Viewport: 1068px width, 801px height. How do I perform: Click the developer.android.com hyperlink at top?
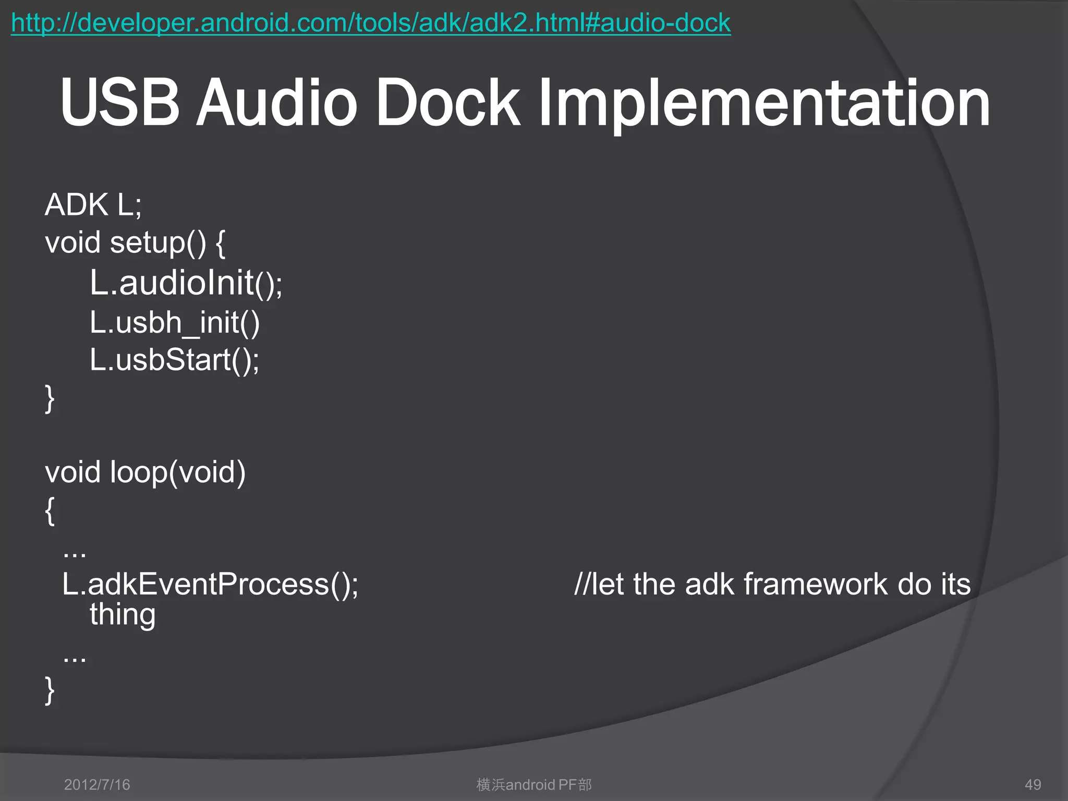[x=370, y=23]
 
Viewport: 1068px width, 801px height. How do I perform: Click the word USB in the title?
[x=120, y=103]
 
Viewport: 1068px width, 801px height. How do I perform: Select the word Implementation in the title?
[x=764, y=104]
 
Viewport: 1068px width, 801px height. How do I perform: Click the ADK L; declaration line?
[x=93, y=204]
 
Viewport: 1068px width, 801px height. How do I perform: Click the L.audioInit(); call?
[x=186, y=283]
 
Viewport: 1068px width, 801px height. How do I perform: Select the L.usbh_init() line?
[x=174, y=322]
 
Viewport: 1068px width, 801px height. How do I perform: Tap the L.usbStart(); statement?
[x=174, y=360]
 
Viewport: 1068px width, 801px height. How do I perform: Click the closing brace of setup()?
[x=50, y=399]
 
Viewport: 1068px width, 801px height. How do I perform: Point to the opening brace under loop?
[x=50, y=511]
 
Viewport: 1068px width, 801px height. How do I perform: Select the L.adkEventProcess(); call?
[x=210, y=584]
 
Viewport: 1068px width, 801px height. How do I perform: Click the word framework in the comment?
[x=815, y=584]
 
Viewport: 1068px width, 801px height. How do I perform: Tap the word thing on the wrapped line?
[x=123, y=615]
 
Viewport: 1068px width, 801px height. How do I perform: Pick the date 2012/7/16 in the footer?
[x=97, y=784]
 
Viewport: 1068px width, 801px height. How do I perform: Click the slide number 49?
[x=1033, y=784]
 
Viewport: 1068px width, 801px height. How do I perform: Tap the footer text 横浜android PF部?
[x=534, y=784]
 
